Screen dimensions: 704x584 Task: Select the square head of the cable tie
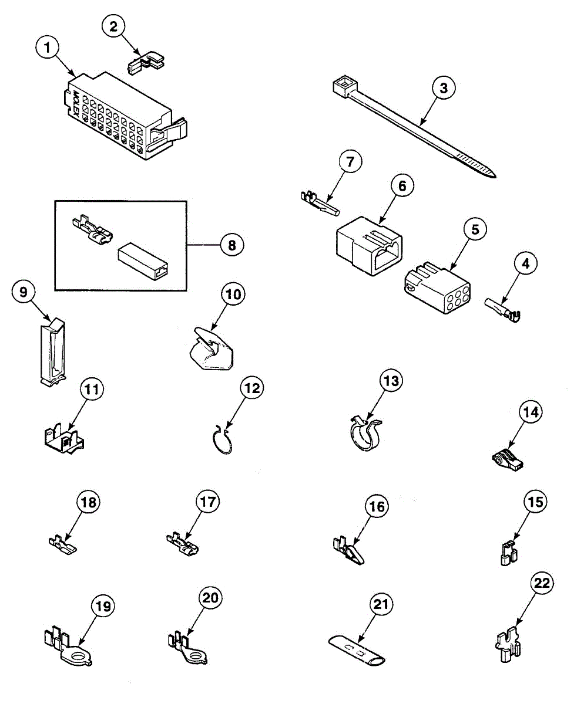tap(341, 87)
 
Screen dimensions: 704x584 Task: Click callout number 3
tap(444, 88)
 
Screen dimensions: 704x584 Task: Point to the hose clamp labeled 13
tap(365, 438)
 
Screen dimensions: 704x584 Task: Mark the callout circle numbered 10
tap(234, 295)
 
